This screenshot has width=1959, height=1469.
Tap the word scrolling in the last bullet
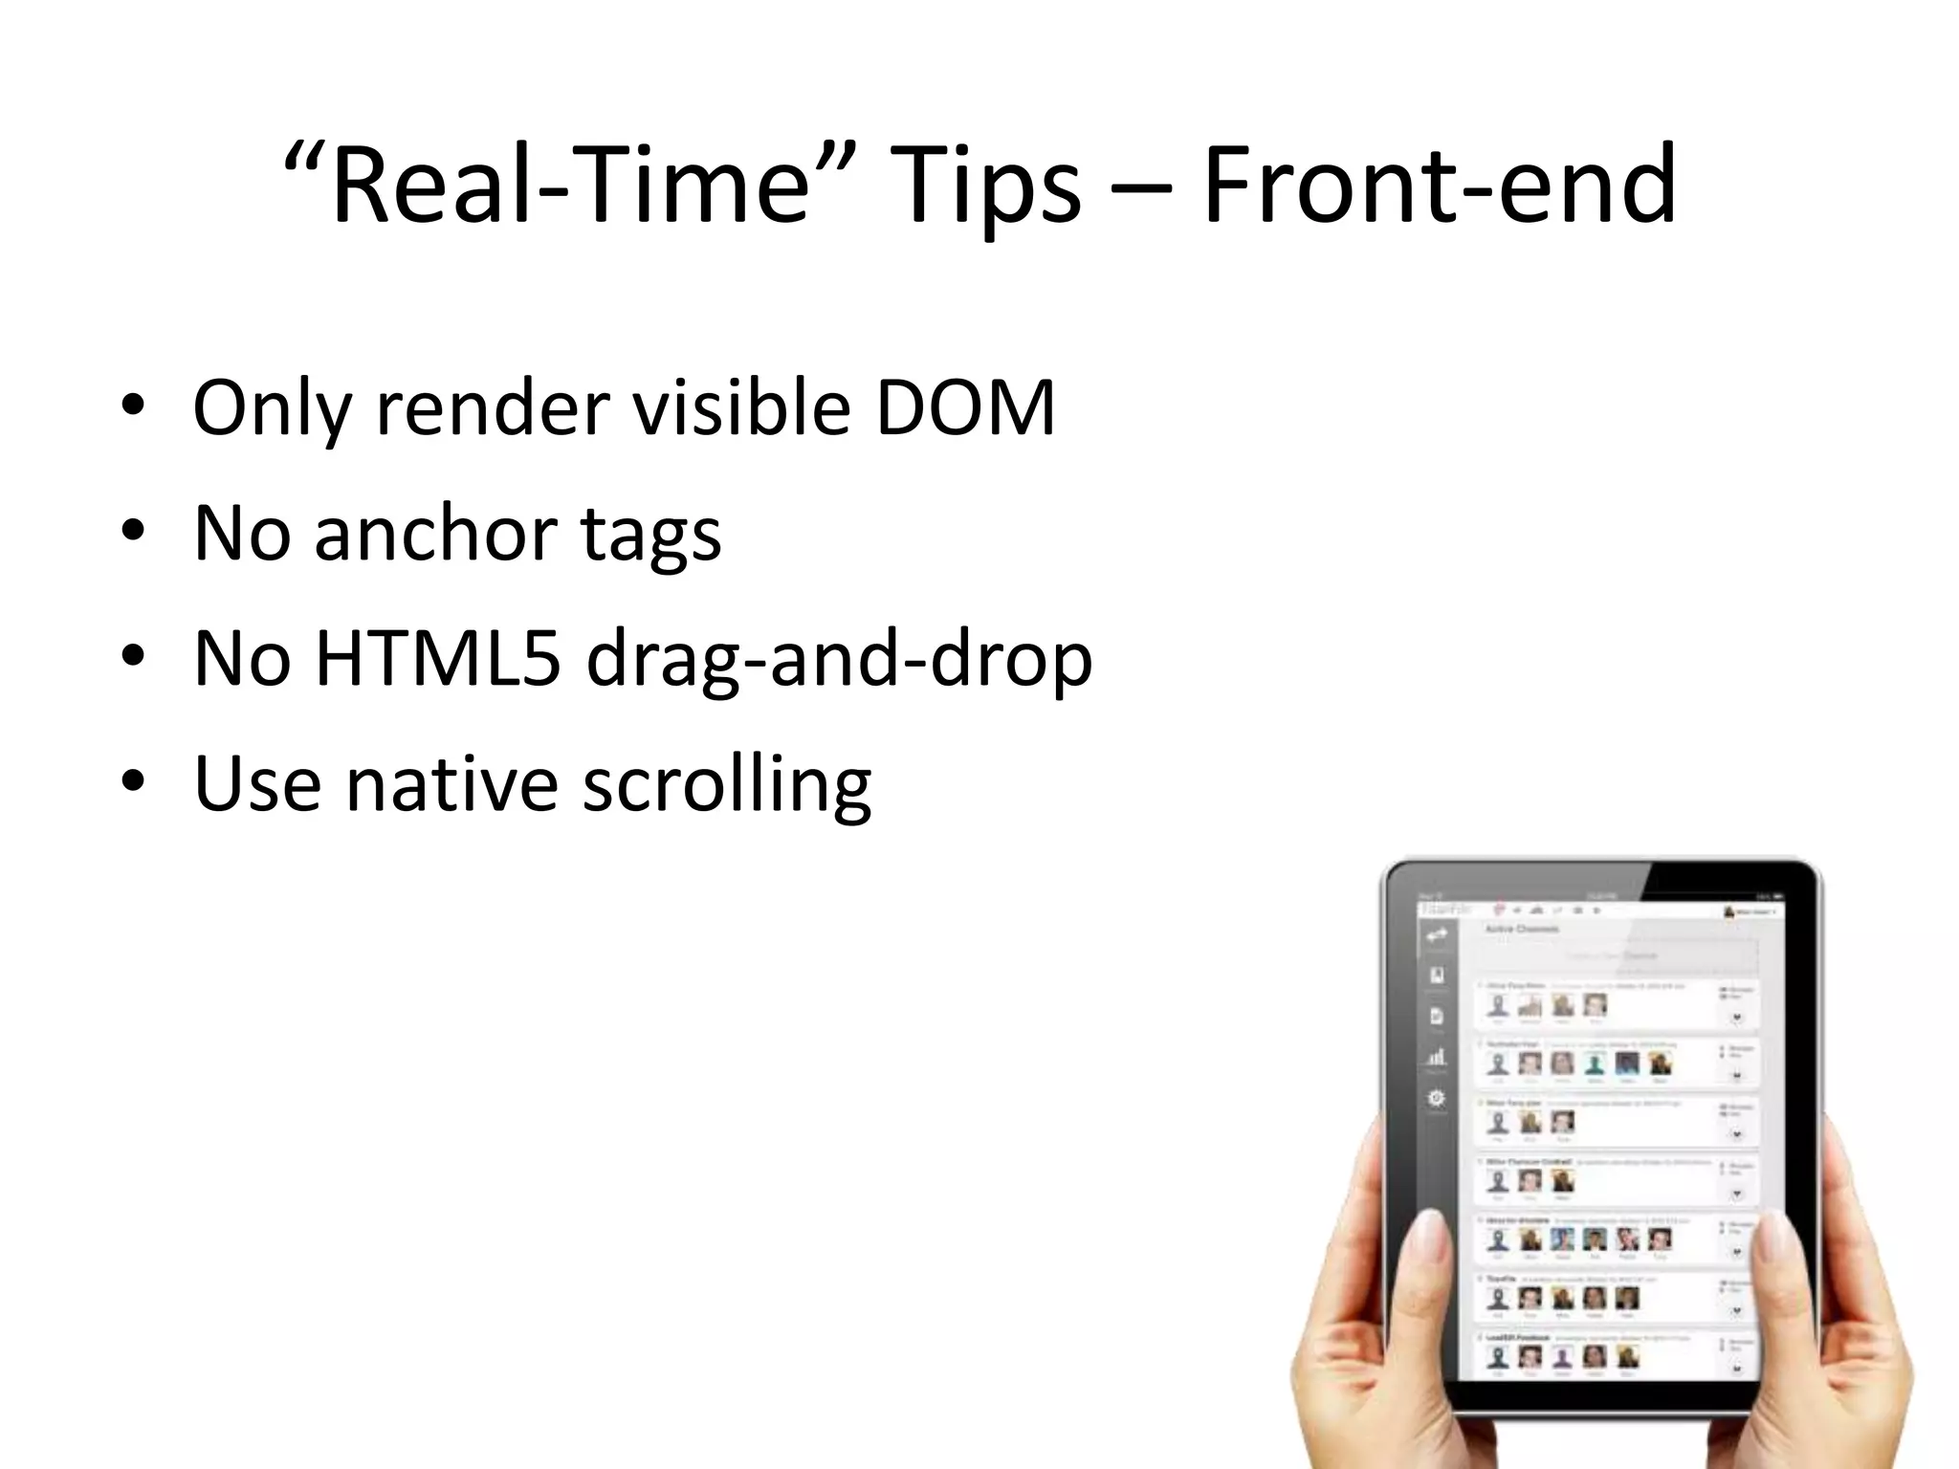tap(727, 785)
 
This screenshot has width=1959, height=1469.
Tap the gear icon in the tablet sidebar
tap(1436, 1098)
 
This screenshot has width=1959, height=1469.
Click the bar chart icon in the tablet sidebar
tap(1436, 1057)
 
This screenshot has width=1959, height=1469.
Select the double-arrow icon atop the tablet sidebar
tap(1437, 936)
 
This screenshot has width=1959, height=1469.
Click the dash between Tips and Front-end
tap(1141, 191)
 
